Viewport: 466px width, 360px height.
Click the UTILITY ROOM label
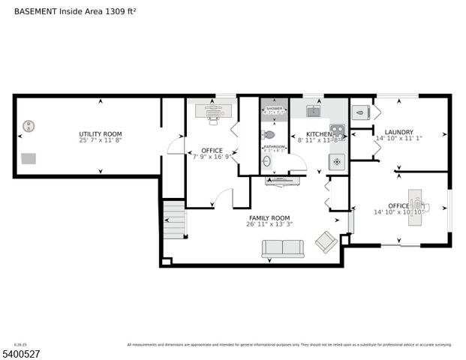click(x=100, y=133)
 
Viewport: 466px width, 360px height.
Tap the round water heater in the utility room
click(x=29, y=126)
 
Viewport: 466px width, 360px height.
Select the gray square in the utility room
click(x=29, y=158)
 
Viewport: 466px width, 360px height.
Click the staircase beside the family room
click(x=174, y=220)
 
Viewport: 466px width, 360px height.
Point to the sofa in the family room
click(x=282, y=248)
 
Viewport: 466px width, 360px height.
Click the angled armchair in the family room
click(x=326, y=241)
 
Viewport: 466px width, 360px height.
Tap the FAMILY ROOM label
click(x=269, y=217)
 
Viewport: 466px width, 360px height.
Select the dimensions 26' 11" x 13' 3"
click(x=269, y=224)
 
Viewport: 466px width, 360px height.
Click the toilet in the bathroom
click(x=268, y=134)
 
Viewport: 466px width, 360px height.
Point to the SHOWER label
click(x=274, y=108)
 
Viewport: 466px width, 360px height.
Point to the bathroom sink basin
click(x=266, y=161)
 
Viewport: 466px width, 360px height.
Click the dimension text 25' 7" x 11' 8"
click(x=100, y=140)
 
